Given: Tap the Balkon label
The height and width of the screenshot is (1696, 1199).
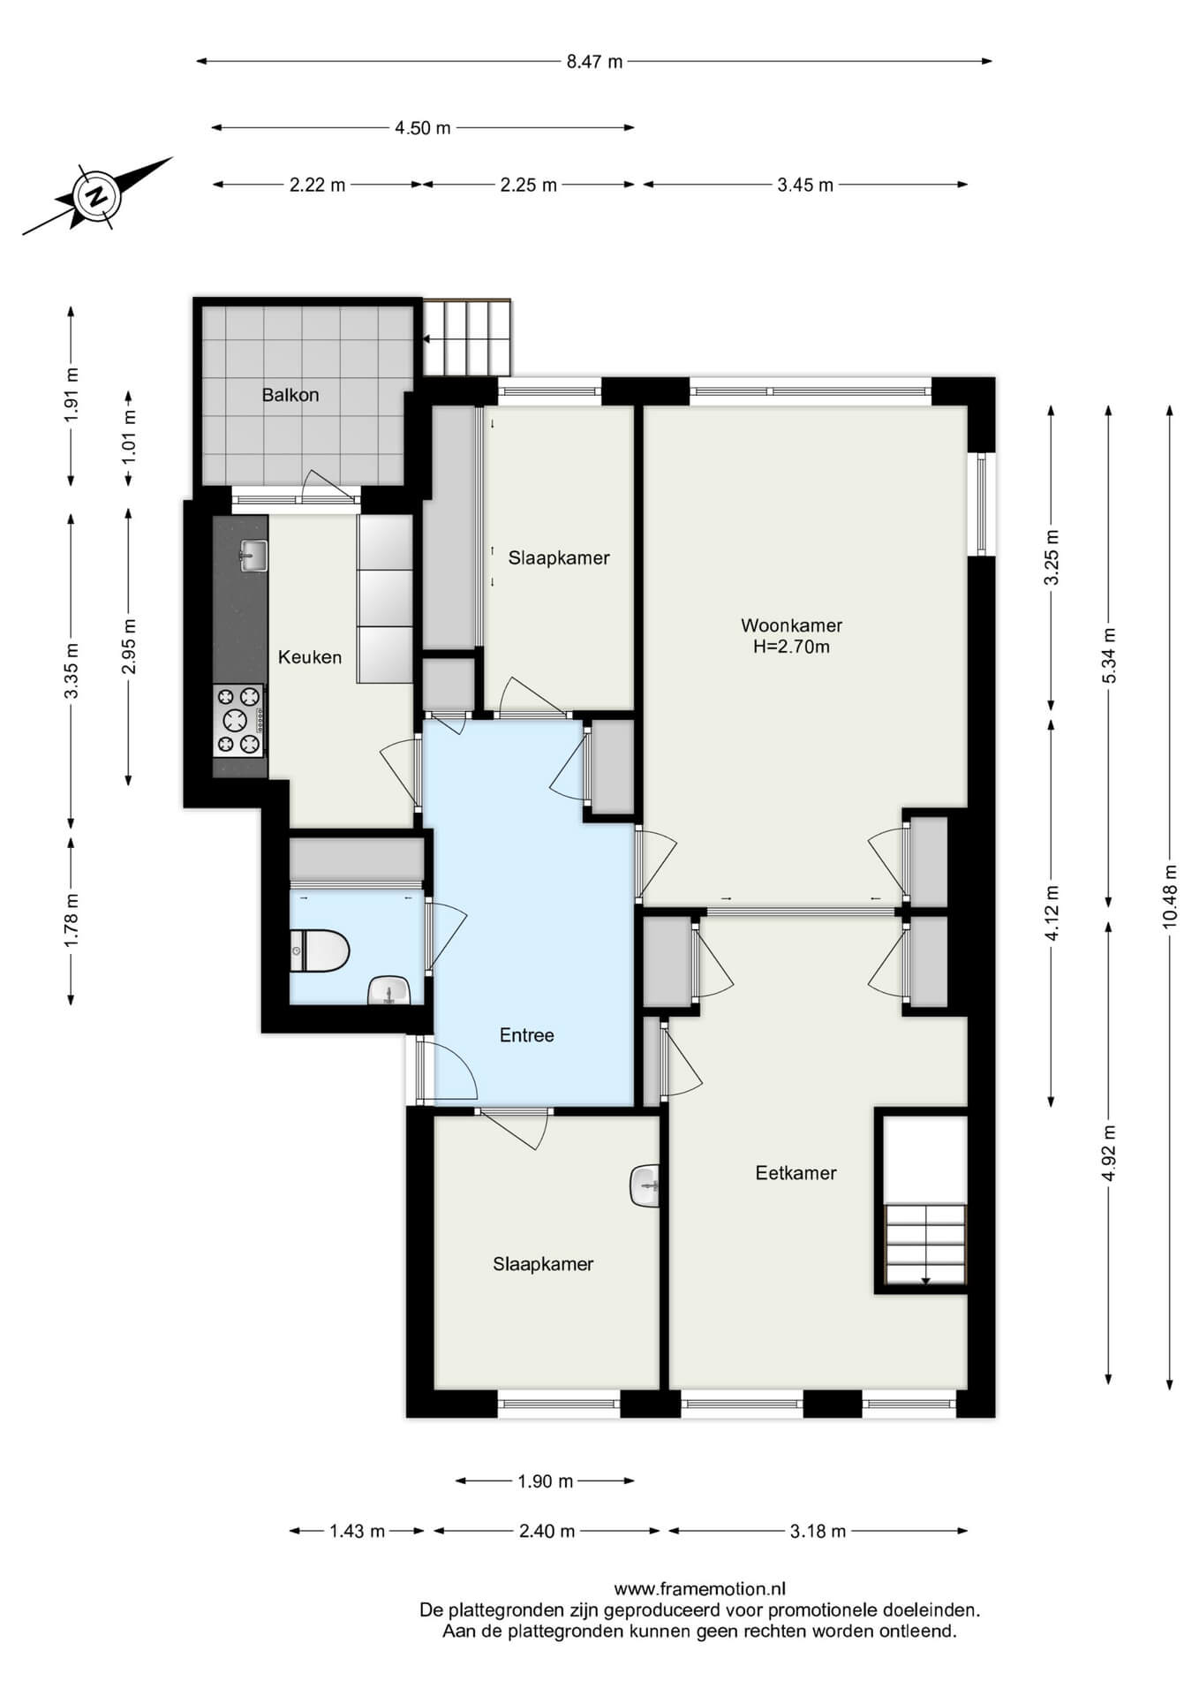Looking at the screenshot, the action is (290, 395).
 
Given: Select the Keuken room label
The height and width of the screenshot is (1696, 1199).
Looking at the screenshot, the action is (310, 657).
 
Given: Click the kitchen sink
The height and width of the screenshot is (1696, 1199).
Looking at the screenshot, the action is (253, 556).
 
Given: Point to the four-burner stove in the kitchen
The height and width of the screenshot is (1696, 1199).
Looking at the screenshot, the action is (238, 721).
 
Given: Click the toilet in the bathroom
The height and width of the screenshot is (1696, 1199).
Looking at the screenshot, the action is (320, 950).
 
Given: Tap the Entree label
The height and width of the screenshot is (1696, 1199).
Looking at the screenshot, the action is (527, 1035).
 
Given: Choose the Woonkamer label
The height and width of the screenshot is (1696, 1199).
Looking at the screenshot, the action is (791, 625).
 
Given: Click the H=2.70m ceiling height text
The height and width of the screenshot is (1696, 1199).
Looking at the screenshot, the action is (791, 647).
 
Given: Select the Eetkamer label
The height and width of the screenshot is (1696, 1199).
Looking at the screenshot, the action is (796, 1173).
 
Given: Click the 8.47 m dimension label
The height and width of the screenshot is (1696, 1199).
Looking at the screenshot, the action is (595, 62).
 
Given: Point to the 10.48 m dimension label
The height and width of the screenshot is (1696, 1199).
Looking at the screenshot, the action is (1170, 894).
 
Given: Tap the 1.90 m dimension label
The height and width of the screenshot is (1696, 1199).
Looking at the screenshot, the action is (546, 1481).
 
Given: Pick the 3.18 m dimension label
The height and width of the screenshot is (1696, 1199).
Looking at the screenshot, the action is (818, 1531).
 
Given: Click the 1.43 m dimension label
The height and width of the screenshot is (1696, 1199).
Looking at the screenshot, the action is (358, 1531).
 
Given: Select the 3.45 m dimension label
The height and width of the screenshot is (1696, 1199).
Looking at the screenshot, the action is (805, 185).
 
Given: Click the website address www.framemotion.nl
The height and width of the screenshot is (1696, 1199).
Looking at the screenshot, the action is (699, 1589).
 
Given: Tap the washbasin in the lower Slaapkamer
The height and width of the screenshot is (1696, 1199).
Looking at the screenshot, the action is (645, 1185).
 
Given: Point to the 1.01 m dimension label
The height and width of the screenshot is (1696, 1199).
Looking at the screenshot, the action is (129, 437).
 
